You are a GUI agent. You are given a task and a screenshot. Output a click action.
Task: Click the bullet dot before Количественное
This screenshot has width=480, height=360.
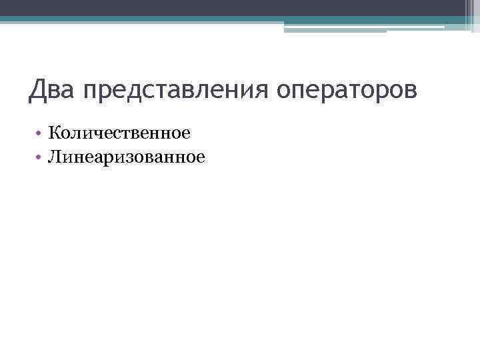(x=40, y=134)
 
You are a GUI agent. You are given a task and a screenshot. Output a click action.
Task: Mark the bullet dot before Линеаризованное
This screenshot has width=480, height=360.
(x=40, y=158)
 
